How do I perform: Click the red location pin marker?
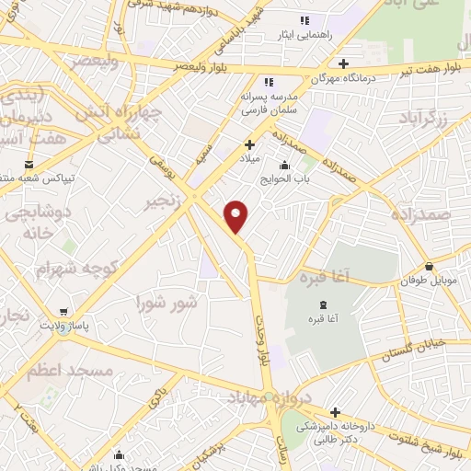(x=237, y=216)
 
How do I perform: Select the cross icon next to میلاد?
(x=249, y=144)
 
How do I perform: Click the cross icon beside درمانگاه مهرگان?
(x=343, y=64)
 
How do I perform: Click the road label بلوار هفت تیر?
(x=441, y=66)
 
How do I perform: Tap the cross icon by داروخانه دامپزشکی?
(x=335, y=412)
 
